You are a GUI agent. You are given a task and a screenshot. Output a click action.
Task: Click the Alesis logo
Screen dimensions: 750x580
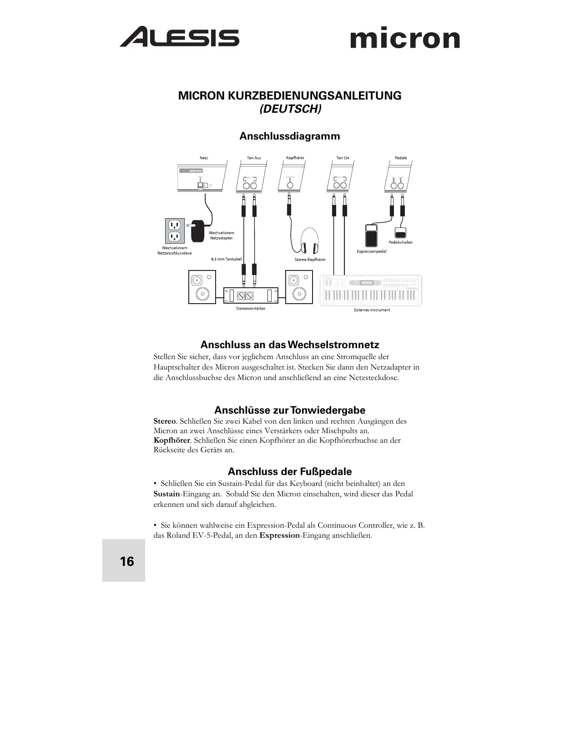tap(179, 37)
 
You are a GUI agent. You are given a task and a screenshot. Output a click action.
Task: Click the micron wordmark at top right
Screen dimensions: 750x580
tap(405, 39)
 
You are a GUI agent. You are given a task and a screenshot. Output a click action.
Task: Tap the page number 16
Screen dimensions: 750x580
tap(127, 562)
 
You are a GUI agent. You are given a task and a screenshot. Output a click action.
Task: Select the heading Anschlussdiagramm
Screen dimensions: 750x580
tap(290, 136)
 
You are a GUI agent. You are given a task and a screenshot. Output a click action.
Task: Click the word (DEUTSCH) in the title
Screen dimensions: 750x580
tap(290, 110)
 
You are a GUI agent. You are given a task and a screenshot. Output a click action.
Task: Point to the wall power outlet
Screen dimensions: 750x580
tap(174, 230)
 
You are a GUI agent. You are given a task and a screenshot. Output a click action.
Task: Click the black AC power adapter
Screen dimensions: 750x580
tap(198, 231)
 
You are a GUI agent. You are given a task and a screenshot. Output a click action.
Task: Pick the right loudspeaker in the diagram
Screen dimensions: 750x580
tap(299, 287)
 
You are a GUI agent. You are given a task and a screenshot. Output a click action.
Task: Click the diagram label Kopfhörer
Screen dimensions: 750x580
tap(295, 158)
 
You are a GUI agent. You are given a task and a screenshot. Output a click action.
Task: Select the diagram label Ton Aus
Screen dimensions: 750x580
tap(254, 158)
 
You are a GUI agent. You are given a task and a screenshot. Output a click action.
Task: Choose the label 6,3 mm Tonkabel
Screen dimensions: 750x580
tap(226, 259)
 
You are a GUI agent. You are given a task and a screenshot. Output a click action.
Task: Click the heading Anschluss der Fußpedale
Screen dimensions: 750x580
tap(290, 471)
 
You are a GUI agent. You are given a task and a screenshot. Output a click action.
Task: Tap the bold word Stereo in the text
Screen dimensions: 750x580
tap(165, 421)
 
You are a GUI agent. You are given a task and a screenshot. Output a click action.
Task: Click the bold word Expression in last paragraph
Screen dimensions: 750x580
tap(279, 535)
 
